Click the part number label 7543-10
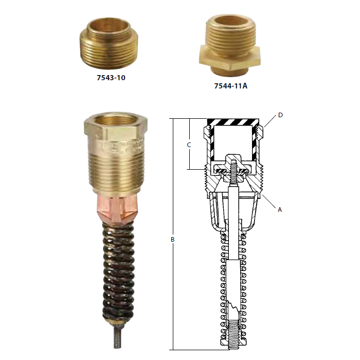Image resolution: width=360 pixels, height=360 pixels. (111, 78)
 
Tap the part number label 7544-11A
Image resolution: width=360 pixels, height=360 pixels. (231, 86)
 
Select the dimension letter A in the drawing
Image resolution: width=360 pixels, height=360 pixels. (280, 210)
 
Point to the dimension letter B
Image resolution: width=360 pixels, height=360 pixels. (173, 240)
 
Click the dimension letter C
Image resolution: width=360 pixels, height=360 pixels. (189, 145)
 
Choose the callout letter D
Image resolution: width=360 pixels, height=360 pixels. (280, 115)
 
